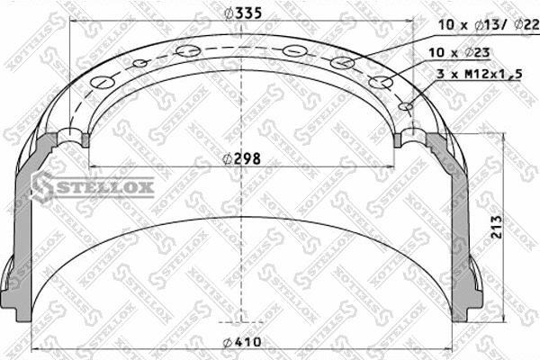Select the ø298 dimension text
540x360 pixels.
pyautogui.click(x=242, y=158)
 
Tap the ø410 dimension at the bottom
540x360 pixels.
pyautogui.click(x=242, y=340)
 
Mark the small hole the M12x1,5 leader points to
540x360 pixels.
pyautogui.click(x=406, y=106)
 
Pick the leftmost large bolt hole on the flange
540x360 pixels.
pyautogui.click(x=104, y=85)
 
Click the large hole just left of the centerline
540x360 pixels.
pyautogui.click(x=189, y=50)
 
